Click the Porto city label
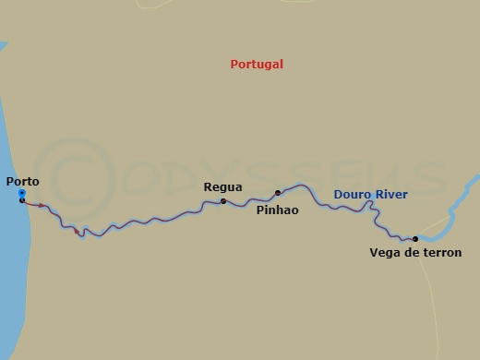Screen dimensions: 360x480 22,182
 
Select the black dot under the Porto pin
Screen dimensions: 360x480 21,200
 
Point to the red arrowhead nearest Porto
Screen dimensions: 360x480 42,206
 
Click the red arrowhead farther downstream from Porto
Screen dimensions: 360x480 76,231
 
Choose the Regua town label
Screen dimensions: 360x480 222,187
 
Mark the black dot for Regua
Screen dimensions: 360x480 223,200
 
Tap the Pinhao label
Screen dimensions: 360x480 276,210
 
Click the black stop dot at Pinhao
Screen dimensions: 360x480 277,193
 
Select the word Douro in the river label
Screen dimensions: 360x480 351,194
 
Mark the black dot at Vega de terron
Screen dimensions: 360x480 415,239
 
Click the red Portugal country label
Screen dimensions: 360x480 256,65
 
